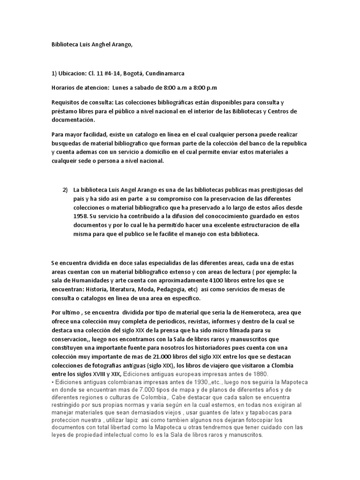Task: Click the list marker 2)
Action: pos(66,190)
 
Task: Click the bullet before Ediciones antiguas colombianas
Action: pos(52,382)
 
